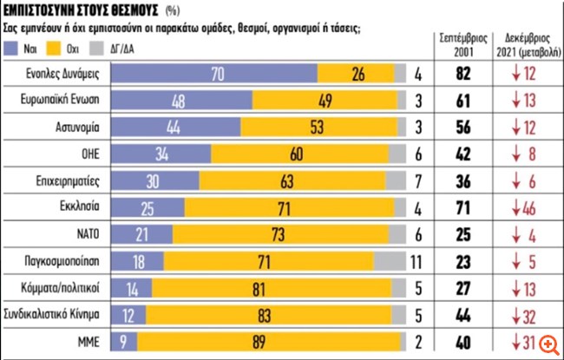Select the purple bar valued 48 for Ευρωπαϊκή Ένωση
point(179,100)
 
